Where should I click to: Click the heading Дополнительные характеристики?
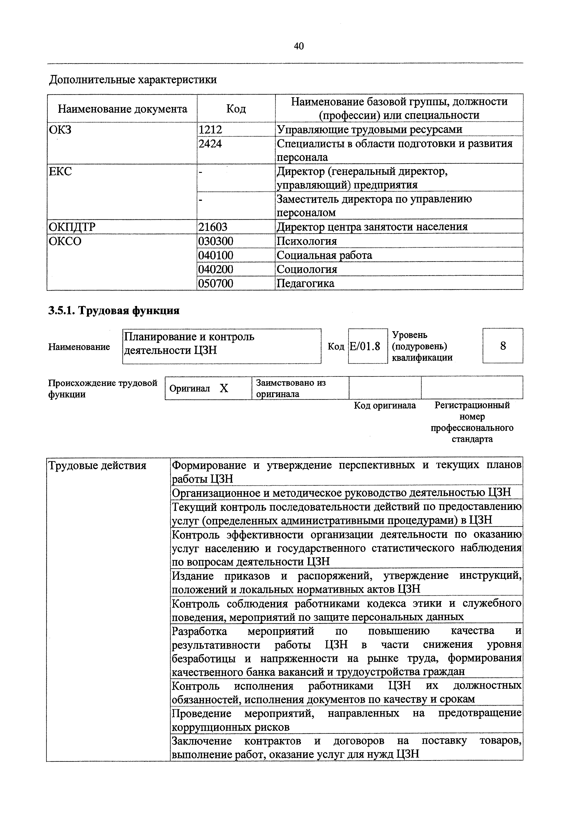(x=133, y=79)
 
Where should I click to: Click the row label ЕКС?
(x=60, y=171)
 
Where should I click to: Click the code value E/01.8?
(x=365, y=346)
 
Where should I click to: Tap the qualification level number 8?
(x=503, y=346)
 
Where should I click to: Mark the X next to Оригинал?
(x=224, y=388)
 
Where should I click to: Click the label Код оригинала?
(x=385, y=405)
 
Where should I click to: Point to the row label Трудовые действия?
(x=97, y=466)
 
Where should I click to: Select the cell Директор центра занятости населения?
(x=372, y=227)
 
